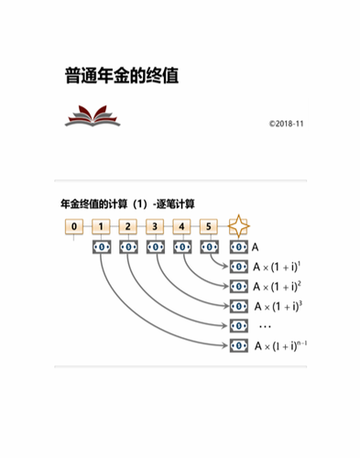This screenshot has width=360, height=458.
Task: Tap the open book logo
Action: click(93, 116)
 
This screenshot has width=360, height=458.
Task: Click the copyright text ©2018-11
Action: click(286, 122)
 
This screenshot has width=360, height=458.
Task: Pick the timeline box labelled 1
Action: click(102, 226)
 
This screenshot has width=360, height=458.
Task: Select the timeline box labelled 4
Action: click(183, 226)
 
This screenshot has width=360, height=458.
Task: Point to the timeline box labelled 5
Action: click(210, 226)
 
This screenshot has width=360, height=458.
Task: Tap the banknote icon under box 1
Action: click(102, 247)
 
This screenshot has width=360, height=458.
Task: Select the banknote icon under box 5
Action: click(210, 247)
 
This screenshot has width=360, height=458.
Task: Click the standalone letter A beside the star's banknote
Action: click(256, 247)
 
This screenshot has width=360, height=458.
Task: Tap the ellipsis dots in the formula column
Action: click(266, 326)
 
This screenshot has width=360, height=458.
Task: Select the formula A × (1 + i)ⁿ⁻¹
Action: click(281, 345)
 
